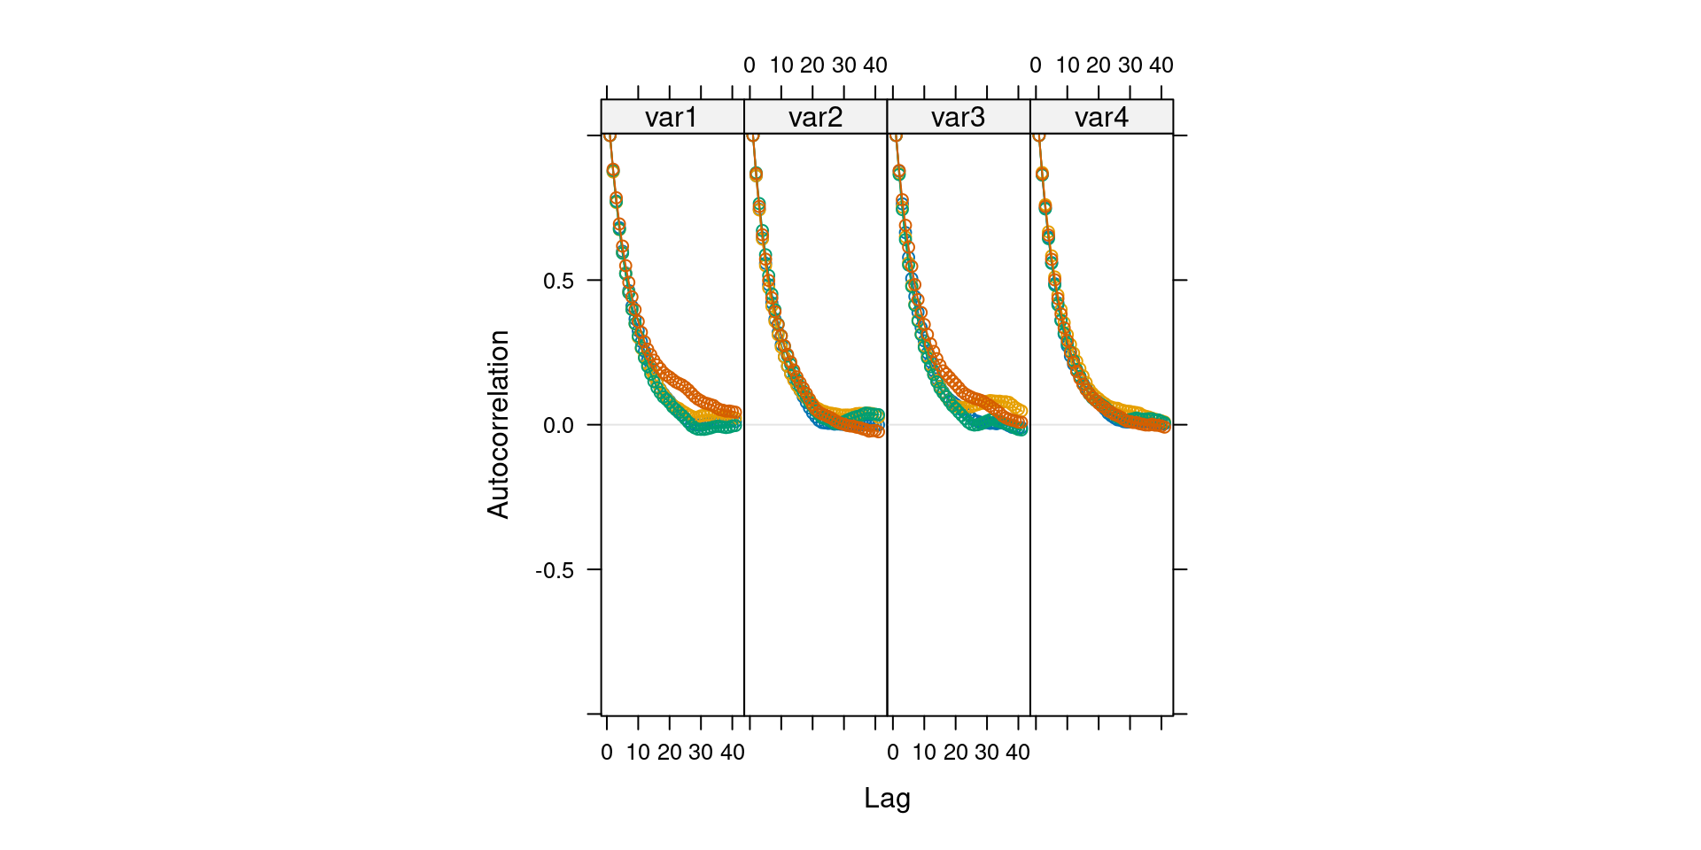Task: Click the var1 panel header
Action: (672, 117)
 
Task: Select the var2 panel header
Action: (815, 117)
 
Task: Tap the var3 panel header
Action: (958, 117)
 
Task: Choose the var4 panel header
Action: (1101, 117)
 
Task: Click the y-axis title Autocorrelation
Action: (498, 424)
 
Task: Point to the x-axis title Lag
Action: (887, 798)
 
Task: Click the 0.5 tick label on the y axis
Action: (558, 281)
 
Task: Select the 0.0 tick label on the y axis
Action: (558, 425)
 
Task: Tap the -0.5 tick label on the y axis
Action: (555, 570)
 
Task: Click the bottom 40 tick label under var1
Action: (732, 753)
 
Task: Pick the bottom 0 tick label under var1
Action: (607, 753)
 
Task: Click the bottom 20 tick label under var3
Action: (955, 753)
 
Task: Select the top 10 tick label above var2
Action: (781, 66)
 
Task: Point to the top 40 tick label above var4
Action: (1161, 66)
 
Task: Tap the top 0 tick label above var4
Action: (1036, 66)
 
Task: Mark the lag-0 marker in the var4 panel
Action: (1038, 135)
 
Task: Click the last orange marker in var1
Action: (735, 413)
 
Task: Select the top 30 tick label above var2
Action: (843, 66)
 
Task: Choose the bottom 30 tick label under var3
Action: (987, 753)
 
